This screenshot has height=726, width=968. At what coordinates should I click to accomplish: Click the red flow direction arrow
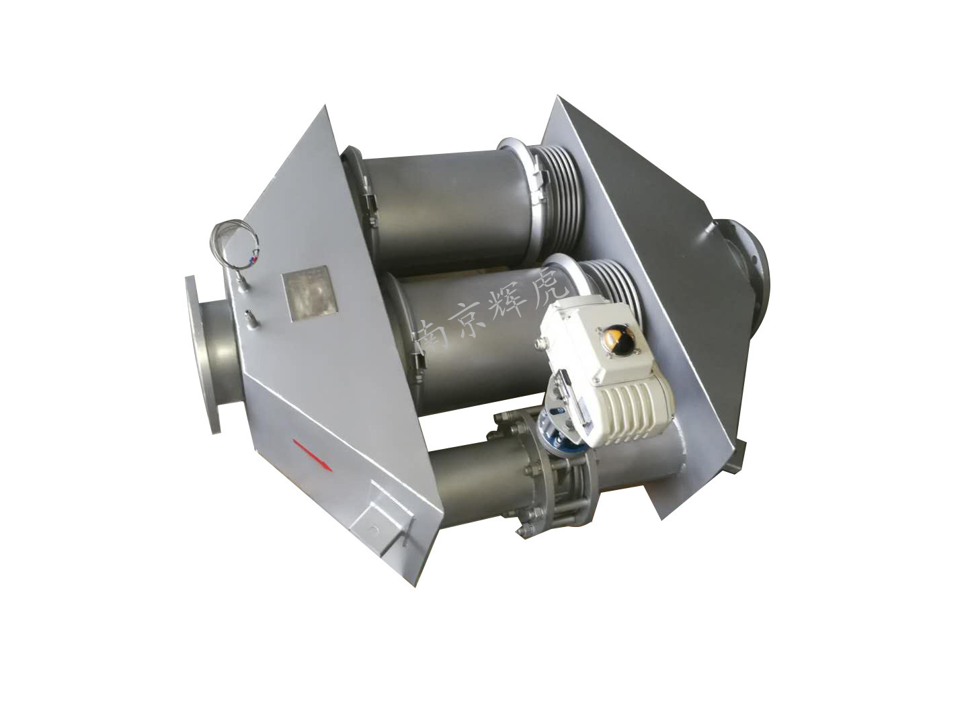[313, 455]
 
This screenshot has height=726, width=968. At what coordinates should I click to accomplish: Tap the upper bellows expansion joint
[557, 188]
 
